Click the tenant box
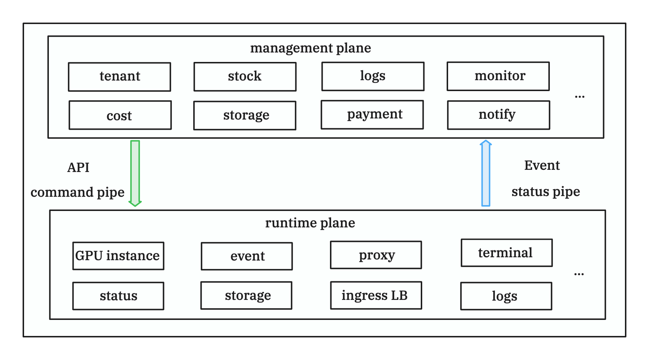tap(119, 77)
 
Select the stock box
tap(245, 77)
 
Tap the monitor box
tap(498, 76)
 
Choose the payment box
tap(372, 114)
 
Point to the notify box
tap(498, 115)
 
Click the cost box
tap(120, 115)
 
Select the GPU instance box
tap(118, 256)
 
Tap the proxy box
tap(376, 255)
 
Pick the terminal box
tap(506, 253)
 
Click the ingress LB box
tap(376, 295)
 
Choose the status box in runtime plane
tap(118, 296)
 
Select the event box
tap(246, 256)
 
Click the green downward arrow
tap(135, 173)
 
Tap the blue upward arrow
tap(486, 173)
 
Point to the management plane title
tap(310, 48)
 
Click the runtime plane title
tap(310, 223)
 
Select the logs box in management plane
tap(373, 76)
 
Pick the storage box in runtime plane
tap(246, 295)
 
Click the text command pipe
tap(77, 192)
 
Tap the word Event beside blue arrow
tap(542, 165)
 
